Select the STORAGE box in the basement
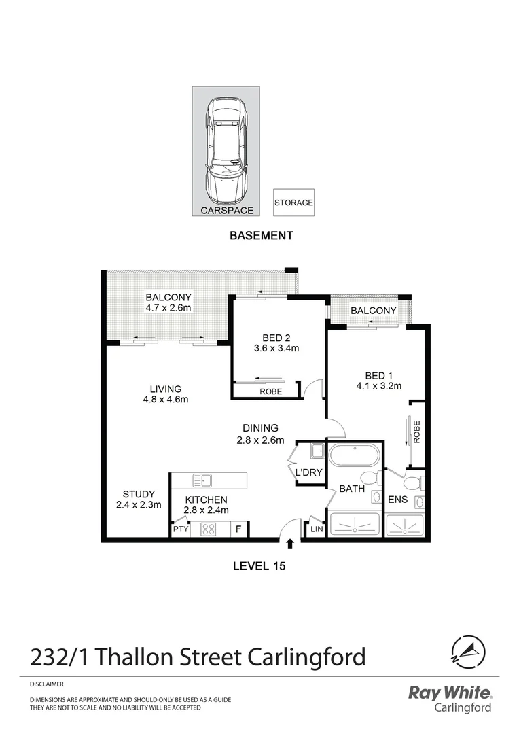(x=293, y=203)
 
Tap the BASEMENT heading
(x=261, y=236)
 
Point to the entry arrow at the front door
(x=291, y=543)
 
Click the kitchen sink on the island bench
(x=202, y=480)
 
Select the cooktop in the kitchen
(x=209, y=529)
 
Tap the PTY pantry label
(x=180, y=529)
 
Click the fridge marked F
(x=238, y=529)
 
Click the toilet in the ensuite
(x=412, y=482)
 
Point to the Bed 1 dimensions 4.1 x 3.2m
(x=384, y=386)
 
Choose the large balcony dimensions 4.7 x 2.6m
(x=168, y=308)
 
